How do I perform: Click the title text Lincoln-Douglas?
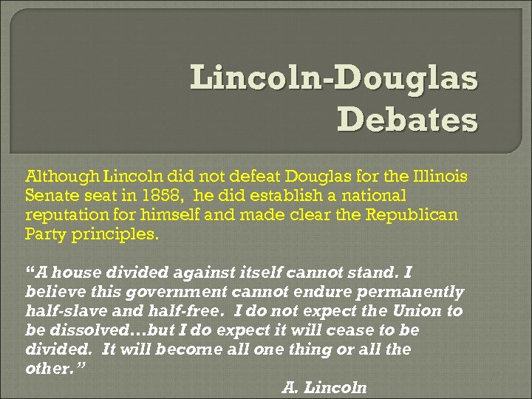click(334, 78)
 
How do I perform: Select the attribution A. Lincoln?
click(324, 387)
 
